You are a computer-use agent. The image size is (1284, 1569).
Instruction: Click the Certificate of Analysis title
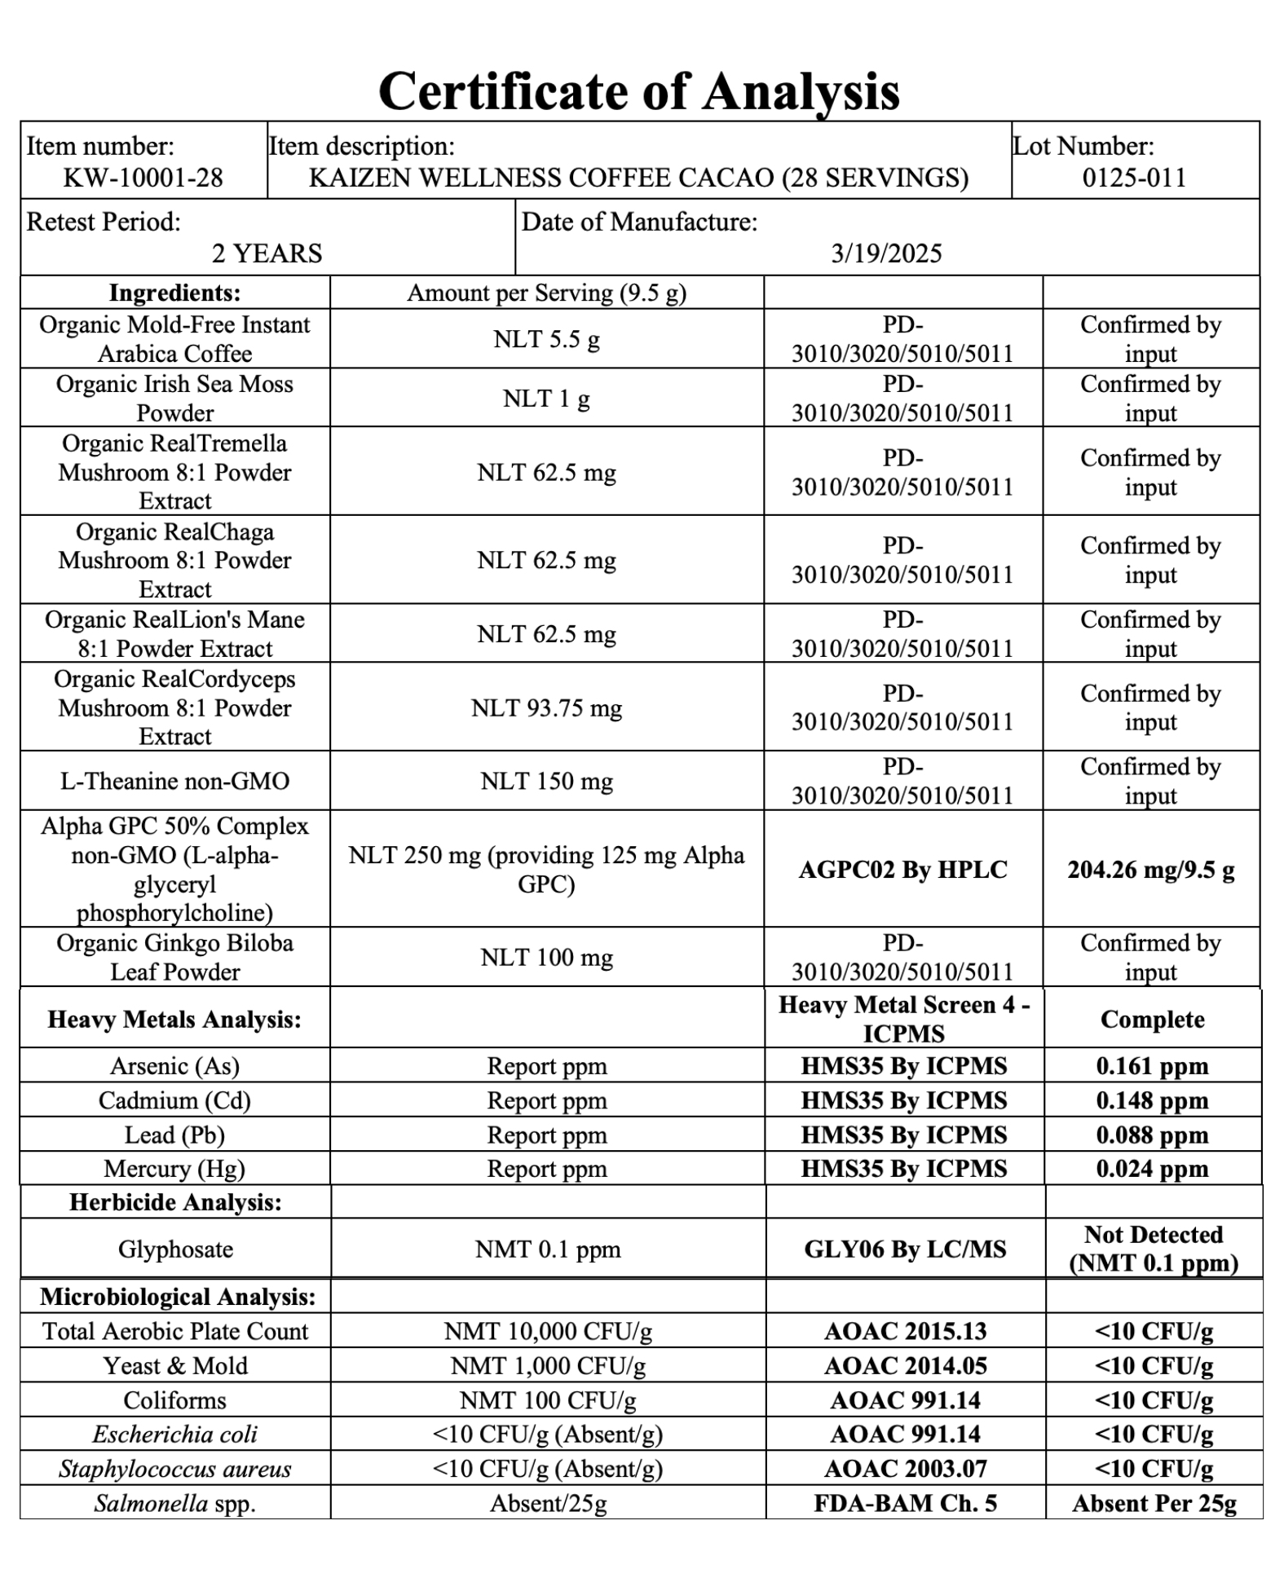(x=639, y=91)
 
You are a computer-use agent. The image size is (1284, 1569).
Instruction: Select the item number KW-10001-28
(x=143, y=178)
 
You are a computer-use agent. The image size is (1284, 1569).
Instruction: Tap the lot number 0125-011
(x=1134, y=178)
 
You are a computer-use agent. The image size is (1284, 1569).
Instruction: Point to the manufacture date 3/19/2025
(x=886, y=253)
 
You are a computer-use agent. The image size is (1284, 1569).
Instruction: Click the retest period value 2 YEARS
(x=267, y=253)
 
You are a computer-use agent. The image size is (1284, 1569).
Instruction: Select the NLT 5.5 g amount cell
(x=546, y=339)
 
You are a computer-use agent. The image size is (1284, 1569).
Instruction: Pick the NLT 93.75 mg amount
(x=546, y=707)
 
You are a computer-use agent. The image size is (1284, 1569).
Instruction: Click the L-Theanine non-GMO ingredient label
(x=174, y=781)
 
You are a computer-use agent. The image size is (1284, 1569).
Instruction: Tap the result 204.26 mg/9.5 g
(x=1150, y=870)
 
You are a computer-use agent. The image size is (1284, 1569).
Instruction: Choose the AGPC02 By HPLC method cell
(x=902, y=870)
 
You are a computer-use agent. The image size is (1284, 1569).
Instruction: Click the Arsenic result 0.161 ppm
(x=1151, y=1066)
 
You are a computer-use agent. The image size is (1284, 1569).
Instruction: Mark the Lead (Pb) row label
(x=174, y=1135)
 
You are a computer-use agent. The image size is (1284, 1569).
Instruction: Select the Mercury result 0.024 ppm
(x=1151, y=1169)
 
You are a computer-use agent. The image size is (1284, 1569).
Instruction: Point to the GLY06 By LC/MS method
(x=905, y=1249)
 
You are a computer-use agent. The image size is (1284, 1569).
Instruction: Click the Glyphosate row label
(x=175, y=1249)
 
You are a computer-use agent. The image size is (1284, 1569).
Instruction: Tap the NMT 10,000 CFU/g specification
(x=548, y=1331)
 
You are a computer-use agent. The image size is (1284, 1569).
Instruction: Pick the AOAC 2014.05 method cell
(x=905, y=1365)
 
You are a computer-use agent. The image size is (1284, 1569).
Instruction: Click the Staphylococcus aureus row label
(x=174, y=1469)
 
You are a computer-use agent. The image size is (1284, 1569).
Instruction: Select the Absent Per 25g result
(x=1154, y=1503)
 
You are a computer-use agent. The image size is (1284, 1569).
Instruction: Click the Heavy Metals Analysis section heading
(x=174, y=1019)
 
